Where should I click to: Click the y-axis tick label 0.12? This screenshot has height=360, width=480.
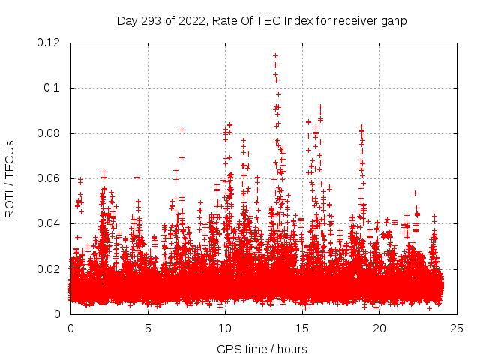(x=50, y=43)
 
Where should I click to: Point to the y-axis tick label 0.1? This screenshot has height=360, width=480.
(x=53, y=88)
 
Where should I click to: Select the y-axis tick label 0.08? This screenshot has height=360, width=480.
(x=50, y=133)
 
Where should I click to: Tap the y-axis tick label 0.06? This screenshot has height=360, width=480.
(x=50, y=178)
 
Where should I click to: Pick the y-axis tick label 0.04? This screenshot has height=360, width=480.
(x=50, y=223)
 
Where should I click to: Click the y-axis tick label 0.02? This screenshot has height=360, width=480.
(x=50, y=268)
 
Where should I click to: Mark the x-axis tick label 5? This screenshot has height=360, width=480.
(x=148, y=328)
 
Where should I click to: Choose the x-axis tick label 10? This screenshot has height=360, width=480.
(x=225, y=328)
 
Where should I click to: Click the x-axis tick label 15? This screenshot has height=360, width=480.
(x=302, y=328)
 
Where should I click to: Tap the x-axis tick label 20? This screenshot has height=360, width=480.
(x=379, y=328)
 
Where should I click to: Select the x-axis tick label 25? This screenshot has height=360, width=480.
(x=457, y=328)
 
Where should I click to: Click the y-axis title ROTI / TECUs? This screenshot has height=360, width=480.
(x=10, y=178)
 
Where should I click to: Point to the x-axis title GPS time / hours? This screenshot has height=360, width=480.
(x=262, y=349)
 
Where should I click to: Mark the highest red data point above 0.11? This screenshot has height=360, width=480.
(x=275, y=55)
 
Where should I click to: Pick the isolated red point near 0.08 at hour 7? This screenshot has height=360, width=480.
(x=181, y=130)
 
